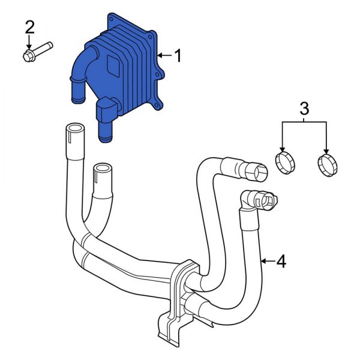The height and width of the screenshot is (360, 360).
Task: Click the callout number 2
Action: [x=29, y=27]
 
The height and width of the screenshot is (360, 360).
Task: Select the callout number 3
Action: [x=304, y=109]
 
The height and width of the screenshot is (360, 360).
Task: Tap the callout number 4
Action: [x=281, y=262]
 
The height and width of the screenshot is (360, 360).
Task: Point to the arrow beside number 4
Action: [x=267, y=262]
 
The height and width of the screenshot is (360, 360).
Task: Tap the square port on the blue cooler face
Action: [x=113, y=63]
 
